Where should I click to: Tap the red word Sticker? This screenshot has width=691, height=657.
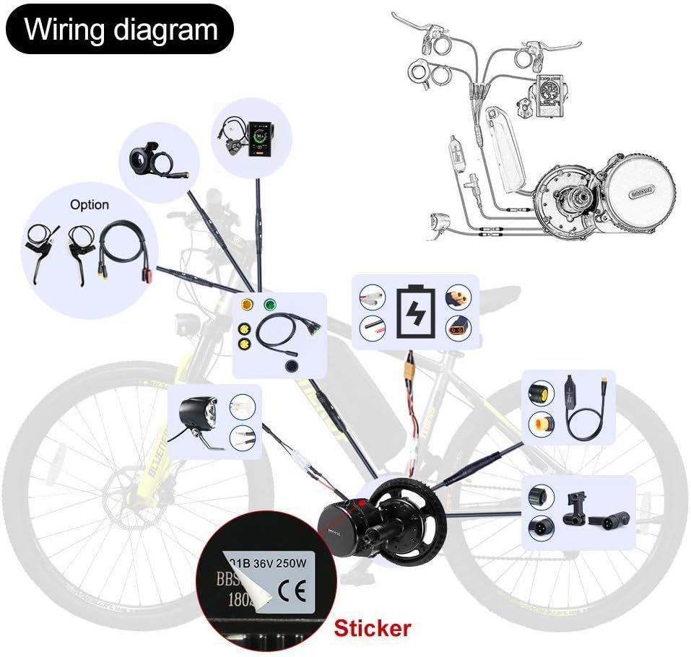(x=373, y=627)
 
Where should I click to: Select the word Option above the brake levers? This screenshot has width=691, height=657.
(x=90, y=204)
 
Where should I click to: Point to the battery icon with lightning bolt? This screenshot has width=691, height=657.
(x=414, y=311)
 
